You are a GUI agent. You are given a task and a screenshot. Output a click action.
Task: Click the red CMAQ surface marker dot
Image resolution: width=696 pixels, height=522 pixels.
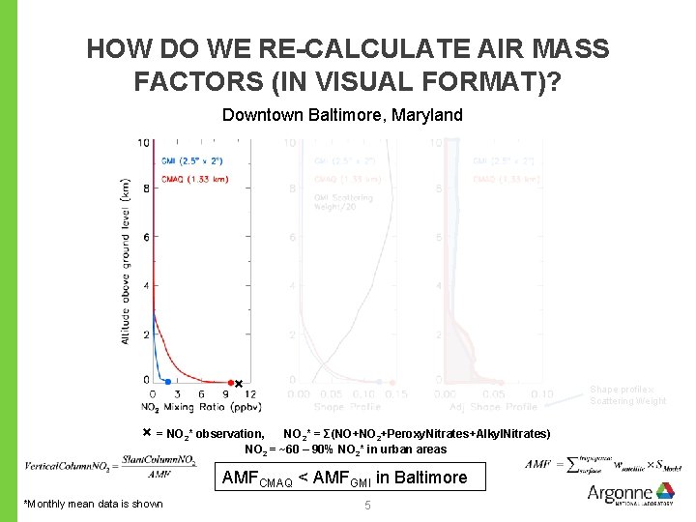tap(230, 383)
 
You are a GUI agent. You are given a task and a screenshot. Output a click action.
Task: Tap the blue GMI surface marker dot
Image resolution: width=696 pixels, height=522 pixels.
tap(167, 383)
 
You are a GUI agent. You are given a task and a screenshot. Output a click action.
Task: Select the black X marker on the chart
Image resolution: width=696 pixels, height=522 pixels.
tap(239, 384)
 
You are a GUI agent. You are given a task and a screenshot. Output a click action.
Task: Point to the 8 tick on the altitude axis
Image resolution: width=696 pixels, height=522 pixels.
tap(145, 189)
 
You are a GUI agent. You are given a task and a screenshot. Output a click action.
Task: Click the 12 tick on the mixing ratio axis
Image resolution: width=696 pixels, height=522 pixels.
tap(250, 393)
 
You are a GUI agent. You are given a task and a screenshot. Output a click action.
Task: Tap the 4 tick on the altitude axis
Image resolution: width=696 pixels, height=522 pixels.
tap(145, 285)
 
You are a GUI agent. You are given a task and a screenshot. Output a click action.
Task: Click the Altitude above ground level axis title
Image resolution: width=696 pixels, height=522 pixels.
tap(126, 261)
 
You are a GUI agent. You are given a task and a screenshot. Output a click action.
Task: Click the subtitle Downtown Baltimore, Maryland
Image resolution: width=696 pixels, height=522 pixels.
tap(342, 115)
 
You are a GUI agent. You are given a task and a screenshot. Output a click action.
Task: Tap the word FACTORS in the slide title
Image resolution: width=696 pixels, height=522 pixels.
tap(186, 81)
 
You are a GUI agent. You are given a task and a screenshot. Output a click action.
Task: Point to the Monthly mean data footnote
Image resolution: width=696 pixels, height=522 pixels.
tap(94, 503)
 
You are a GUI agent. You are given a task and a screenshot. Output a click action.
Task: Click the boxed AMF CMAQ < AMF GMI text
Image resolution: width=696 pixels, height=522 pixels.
tap(344, 478)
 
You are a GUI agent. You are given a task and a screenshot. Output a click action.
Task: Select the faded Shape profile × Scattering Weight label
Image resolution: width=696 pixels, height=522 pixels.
tap(627, 395)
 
